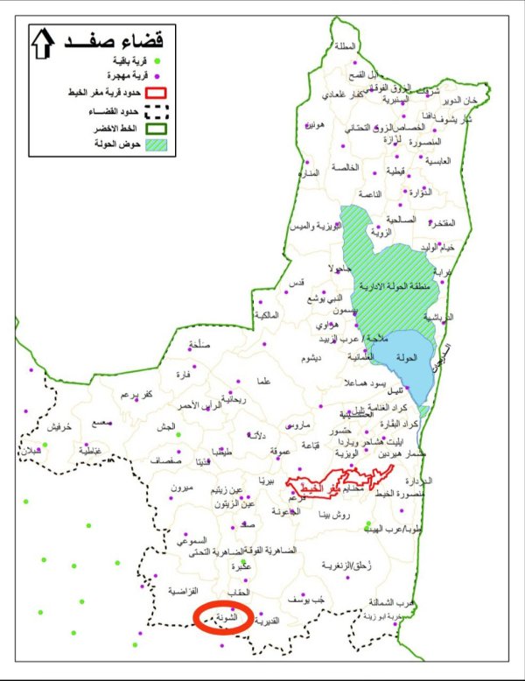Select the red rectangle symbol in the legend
coord(156,91)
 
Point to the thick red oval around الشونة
coord(224,616)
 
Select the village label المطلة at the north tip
coord(345,46)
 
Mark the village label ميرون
coord(180,487)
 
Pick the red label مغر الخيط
coord(323,484)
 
